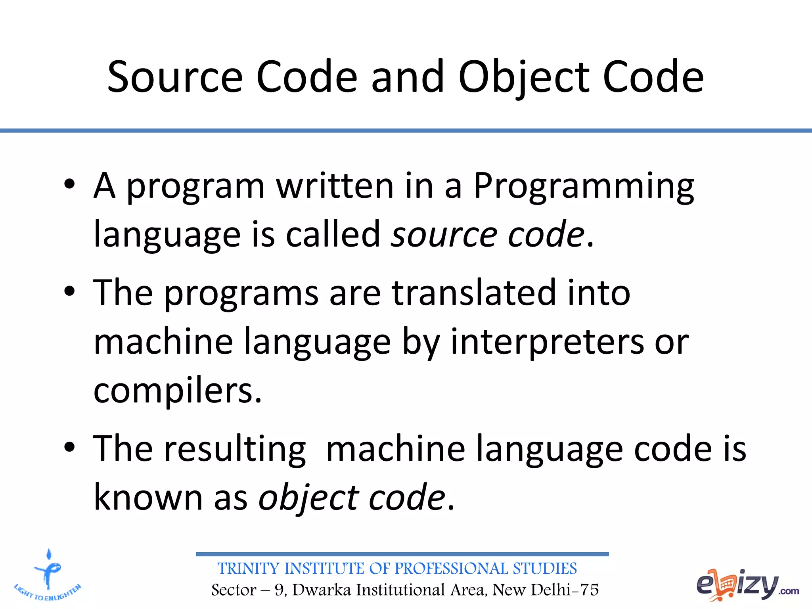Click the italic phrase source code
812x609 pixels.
[x=488, y=235]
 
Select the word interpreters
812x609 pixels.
[x=547, y=342]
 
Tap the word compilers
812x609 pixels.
[x=177, y=391]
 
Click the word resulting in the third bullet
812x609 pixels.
[x=235, y=449]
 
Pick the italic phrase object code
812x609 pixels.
[x=352, y=498]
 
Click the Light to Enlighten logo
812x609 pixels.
[x=48, y=575]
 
